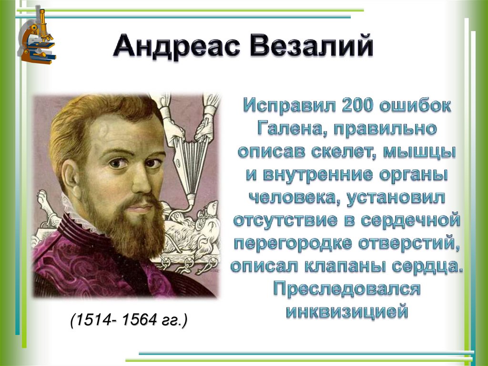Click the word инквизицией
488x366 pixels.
coord(347,312)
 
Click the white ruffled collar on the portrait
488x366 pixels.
coord(71,210)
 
